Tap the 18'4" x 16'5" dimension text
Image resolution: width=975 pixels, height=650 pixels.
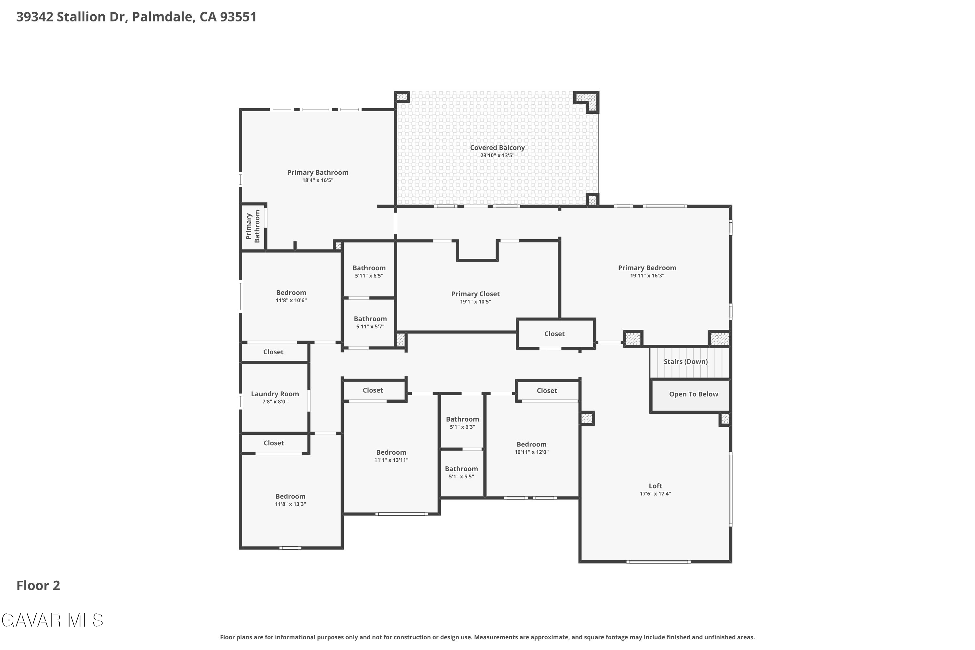(x=318, y=180)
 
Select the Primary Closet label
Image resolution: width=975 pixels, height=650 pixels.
(x=475, y=294)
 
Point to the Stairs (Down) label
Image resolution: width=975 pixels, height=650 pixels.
(x=686, y=361)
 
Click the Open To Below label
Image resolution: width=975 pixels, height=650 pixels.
(x=694, y=394)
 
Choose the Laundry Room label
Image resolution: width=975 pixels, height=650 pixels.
(x=275, y=394)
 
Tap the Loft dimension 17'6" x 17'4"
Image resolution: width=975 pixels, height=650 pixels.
(x=656, y=494)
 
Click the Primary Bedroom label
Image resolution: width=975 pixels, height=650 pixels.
(x=647, y=268)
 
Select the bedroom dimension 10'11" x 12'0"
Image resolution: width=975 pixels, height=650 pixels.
(x=531, y=452)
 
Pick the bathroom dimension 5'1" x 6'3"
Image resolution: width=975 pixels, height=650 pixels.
(x=462, y=427)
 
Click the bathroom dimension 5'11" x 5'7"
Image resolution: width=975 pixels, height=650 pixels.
(x=370, y=327)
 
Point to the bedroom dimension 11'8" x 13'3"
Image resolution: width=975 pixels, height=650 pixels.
(x=290, y=504)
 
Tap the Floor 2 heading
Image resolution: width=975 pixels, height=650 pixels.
(x=38, y=586)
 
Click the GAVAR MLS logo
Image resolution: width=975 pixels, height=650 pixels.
(x=52, y=620)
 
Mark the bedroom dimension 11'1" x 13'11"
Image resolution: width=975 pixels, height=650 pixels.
(x=391, y=460)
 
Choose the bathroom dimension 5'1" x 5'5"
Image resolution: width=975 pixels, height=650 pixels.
(x=461, y=477)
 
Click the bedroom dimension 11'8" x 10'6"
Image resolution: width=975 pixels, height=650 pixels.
(x=291, y=301)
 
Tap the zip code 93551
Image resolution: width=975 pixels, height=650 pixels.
(x=238, y=17)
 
